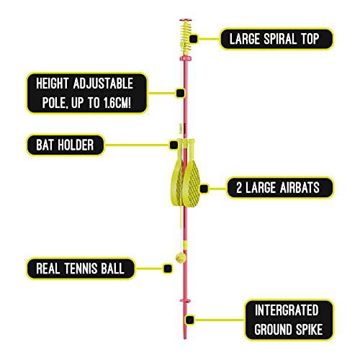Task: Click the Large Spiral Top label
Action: [276, 39]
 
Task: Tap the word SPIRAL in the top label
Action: [280, 39]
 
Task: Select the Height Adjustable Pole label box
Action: [87, 93]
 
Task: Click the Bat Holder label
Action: [66, 145]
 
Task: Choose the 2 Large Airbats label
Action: [280, 188]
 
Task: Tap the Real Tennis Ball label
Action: [81, 269]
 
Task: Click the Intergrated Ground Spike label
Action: [289, 320]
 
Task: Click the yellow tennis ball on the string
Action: [181, 258]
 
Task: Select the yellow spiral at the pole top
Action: [186, 35]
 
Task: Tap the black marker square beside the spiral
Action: [194, 39]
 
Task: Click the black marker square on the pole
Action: [180, 93]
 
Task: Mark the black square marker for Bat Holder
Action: [174, 145]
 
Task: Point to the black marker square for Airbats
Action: [204, 189]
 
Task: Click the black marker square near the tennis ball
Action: [168, 269]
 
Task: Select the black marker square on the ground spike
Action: [190, 320]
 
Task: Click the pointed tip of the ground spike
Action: [185, 338]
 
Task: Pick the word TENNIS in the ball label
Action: [81, 269]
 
